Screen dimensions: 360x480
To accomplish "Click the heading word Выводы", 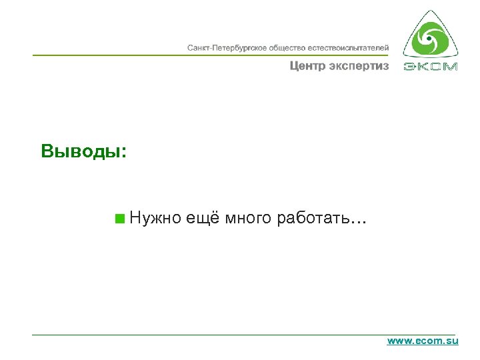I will point(79,151).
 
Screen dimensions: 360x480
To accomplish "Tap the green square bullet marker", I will point(119,218).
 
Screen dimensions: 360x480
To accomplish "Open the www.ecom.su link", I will point(423,341).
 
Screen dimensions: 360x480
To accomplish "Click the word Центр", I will point(307,66).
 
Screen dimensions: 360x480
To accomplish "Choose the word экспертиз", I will point(359,66).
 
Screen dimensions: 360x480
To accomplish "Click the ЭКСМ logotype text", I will point(431,67).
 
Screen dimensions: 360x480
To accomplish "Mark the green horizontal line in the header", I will point(200,55).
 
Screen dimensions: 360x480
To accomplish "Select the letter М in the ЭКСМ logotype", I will point(450,67).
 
